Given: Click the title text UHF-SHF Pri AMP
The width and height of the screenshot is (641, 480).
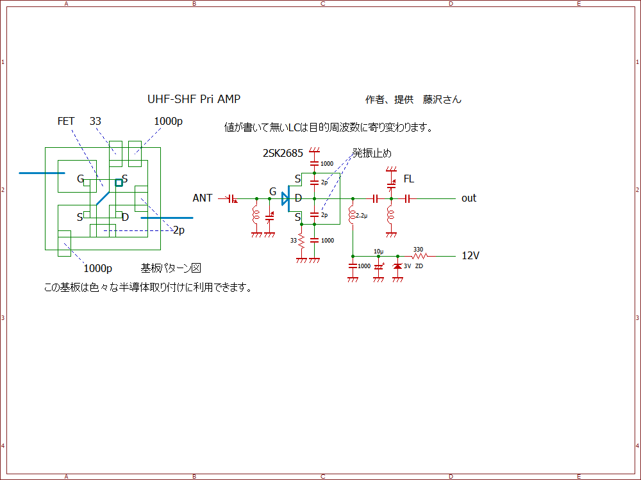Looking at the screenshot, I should [194, 99].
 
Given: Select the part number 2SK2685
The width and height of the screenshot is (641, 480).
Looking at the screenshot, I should [283, 154].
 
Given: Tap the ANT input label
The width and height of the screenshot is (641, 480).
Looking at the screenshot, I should [203, 198].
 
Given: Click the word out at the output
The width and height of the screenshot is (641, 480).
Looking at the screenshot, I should [469, 198].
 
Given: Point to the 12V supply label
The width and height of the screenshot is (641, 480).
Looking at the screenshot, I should [470, 255].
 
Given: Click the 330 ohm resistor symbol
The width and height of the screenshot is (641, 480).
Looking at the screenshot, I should [419, 256].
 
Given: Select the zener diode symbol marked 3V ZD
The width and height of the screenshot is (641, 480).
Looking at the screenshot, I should [397, 266].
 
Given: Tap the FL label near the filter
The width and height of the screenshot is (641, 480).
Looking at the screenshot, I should [408, 178].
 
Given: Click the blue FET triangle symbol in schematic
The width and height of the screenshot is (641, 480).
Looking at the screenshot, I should [286, 199].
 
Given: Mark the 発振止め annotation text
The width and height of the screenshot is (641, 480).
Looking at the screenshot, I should [371, 154].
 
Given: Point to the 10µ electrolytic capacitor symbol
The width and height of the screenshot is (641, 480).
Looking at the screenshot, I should [378, 266].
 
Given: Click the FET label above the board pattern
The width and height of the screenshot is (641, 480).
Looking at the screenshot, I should [66, 121].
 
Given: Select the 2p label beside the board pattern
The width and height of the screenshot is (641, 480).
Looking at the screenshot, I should [179, 230].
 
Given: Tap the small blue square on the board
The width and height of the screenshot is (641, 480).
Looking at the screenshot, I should [119, 182].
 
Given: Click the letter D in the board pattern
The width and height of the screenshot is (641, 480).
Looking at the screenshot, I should [125, 217].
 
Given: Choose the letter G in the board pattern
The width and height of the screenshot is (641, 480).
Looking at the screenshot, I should [81, 179].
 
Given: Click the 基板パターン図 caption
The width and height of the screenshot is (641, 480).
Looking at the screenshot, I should [171, 268].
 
